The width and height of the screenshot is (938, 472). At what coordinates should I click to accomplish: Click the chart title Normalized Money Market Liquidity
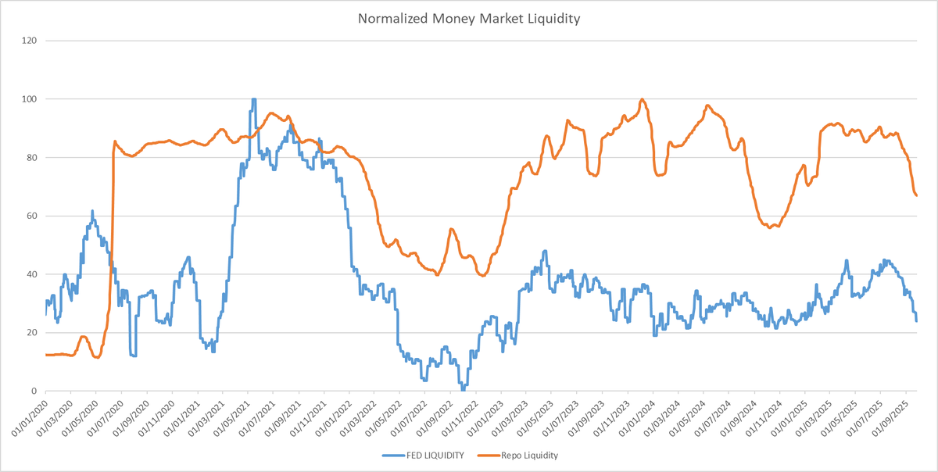coord(469,19)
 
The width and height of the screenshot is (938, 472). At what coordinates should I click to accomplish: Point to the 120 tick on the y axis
coord(30,41)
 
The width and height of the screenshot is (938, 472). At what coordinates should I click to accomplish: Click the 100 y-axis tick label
coord(30,99)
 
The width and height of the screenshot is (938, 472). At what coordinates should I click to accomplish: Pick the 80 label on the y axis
coord(33,158)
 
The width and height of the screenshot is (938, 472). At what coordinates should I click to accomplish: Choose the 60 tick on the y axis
coord(33,216)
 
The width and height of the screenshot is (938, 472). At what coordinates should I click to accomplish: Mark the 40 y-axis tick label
coord(33,274)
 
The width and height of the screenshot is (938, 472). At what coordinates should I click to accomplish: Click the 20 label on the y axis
coord(33,333)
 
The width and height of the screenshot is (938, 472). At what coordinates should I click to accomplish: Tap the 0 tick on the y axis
coord(35,391)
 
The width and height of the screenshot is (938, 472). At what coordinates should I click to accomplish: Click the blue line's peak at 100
coord(253,99)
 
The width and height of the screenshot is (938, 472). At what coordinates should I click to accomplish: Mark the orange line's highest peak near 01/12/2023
coord(642,99)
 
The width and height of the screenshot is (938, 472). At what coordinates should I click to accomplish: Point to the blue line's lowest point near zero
coord(463,389)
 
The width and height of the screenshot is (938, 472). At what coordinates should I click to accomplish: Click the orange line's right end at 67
coord(916,195)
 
